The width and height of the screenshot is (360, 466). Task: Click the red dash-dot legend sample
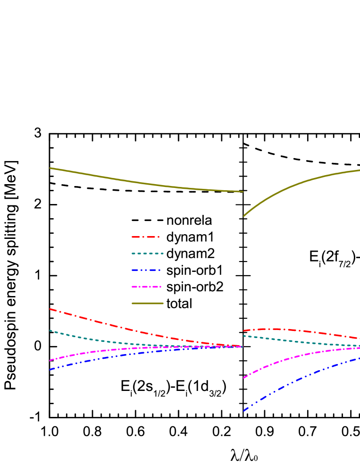(x=145, y=237)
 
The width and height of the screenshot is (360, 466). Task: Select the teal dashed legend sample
(x=148, y=254)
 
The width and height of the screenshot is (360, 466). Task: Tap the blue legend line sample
(x=146, y=270)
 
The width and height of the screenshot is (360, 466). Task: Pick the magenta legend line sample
(x=146, y=287)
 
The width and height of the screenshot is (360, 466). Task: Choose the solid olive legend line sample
(x=147, y=303)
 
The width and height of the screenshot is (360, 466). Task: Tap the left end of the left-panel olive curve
(x=50, y=168)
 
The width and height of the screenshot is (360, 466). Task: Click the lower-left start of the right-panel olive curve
(x=244, y=216)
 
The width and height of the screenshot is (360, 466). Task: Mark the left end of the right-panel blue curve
(x=244, y=411)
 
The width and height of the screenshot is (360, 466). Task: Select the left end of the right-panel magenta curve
(x=244, y=378)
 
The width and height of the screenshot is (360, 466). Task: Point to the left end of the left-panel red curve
(x=50, y=309)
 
